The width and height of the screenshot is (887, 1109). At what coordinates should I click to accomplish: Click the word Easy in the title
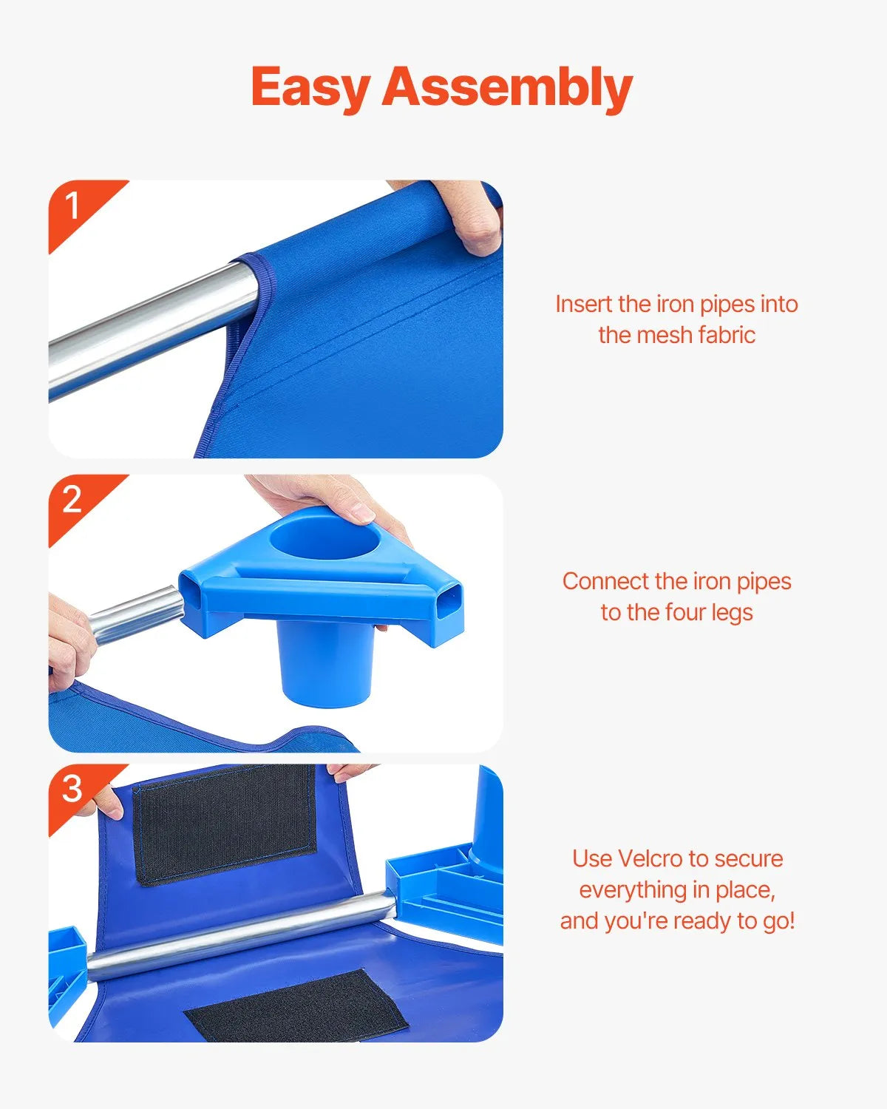[310, 87]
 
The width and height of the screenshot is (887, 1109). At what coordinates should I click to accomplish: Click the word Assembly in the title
[507, 87]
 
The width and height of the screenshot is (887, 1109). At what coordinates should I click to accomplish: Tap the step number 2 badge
[72, 501]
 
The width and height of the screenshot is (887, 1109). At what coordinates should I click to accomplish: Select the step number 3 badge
[72, 789]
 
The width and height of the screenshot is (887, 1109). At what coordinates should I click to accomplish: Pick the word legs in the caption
[731, 612]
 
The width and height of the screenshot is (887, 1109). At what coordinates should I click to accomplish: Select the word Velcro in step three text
[650, 858]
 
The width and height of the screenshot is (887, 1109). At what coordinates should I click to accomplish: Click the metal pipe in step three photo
[237, 935]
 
